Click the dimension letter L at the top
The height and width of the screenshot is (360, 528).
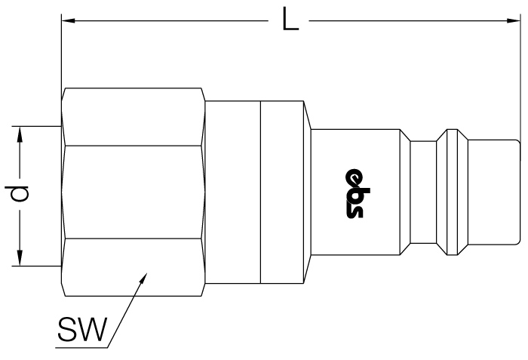290,20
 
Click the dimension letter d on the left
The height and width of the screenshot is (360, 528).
17,193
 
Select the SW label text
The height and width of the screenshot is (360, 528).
82,329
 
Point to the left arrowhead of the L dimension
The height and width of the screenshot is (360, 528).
69,21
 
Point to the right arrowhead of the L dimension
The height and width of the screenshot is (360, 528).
513,21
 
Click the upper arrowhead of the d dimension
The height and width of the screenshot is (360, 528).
20,134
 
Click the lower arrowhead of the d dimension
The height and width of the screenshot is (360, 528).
20,259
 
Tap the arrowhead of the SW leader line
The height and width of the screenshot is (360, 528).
143,278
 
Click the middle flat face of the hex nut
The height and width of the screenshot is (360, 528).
134,192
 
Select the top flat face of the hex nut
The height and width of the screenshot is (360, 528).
134,117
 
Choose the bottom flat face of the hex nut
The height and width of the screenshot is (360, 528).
134,268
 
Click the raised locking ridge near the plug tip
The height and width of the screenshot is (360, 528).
452,192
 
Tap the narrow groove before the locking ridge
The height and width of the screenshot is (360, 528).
423,192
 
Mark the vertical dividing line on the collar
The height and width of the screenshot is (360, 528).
261,192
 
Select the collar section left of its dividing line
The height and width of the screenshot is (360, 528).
233,192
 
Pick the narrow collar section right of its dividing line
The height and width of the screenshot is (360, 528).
282,192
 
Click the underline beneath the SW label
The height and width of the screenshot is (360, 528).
81,347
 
